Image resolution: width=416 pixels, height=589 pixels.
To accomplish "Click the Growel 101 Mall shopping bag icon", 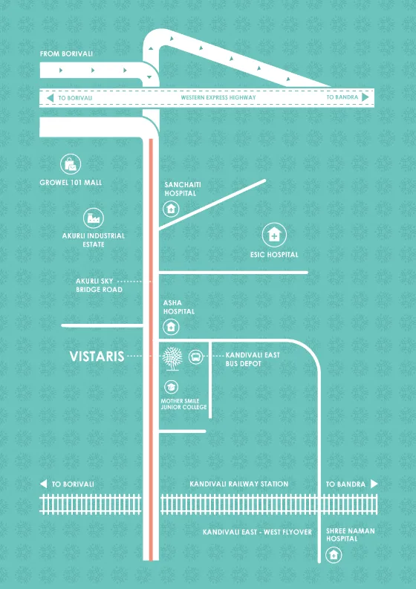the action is (x=71, y=164).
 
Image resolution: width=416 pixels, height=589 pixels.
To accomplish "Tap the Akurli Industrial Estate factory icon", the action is (x=93, y=218).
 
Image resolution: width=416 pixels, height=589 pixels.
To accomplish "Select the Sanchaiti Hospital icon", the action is (x=171, y=209).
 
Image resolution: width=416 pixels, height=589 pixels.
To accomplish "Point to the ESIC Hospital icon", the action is (x=274, y=235).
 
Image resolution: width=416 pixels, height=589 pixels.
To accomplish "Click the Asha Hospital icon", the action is (x=171, y=327).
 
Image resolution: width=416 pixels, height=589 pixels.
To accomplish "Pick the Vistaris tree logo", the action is (x=172, y=358).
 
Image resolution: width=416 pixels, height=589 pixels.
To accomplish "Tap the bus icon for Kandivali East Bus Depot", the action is (x=196, y=357).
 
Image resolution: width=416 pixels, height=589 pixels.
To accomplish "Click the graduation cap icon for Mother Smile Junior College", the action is (x=172, y=386).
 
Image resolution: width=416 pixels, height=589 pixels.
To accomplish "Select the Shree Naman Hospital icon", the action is (x=334, y=555).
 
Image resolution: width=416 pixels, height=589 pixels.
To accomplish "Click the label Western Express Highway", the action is (x=218, y=97).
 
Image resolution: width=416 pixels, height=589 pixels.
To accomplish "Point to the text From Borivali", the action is (x=67, y=53).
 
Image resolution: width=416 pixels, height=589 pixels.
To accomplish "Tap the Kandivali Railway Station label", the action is (x=239, y=484).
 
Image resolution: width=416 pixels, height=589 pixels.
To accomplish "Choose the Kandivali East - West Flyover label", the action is (x=258, y=533).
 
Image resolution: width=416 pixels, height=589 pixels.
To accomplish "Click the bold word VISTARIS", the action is (x=97, y=357).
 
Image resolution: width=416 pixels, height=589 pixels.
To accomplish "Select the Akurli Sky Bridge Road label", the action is (x=100, y=285).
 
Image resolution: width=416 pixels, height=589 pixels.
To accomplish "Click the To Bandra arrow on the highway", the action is (x=365, y=97).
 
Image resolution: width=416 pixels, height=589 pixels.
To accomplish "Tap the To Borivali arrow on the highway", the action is (x=51, y=98).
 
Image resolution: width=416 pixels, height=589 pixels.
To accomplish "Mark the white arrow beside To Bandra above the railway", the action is (x=374, y=484).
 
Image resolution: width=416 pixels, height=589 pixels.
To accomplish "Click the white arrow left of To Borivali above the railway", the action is (x=44, y=484).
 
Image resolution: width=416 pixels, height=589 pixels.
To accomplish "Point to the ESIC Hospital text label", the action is (x=274, y=255).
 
